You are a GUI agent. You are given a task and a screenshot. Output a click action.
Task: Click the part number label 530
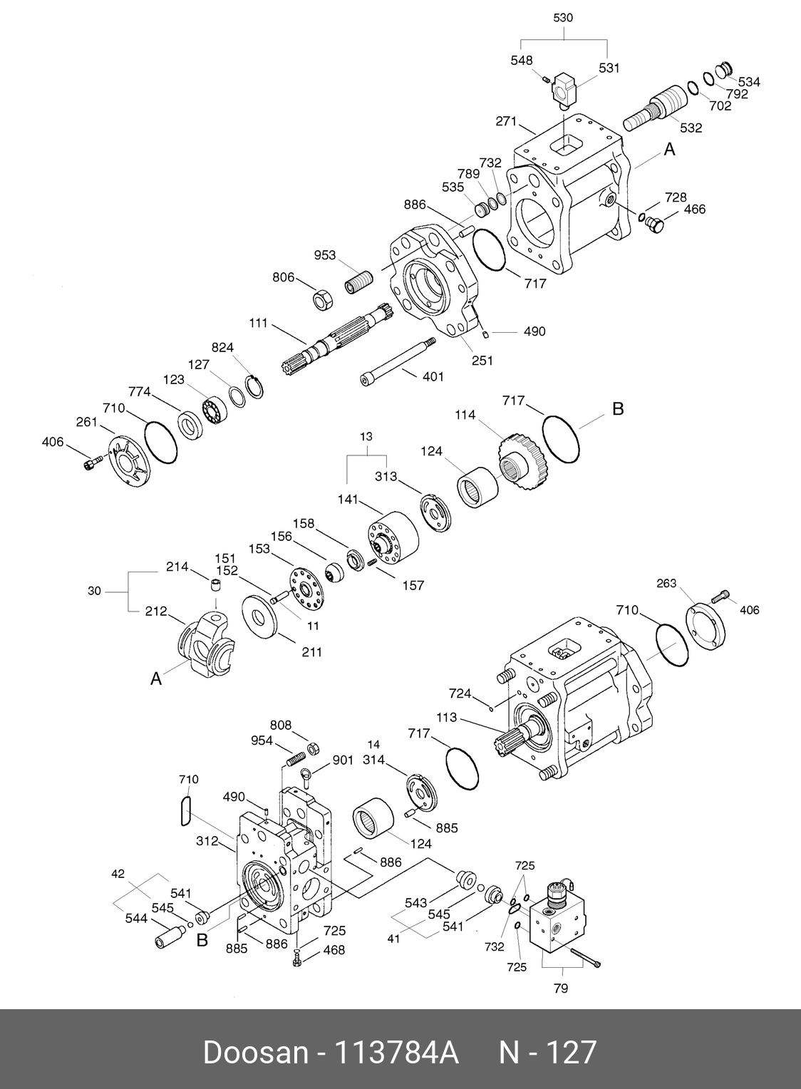click(563, 18)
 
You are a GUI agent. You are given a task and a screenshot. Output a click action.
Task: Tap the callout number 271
click(506, 122)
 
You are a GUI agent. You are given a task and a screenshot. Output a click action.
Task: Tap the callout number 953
click(324, 255)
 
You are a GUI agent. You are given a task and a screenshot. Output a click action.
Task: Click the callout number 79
click(561, 989)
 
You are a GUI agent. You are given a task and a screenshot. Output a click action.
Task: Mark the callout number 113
click(447, 718)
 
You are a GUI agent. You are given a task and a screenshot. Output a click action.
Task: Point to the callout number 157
click(413, 585)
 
